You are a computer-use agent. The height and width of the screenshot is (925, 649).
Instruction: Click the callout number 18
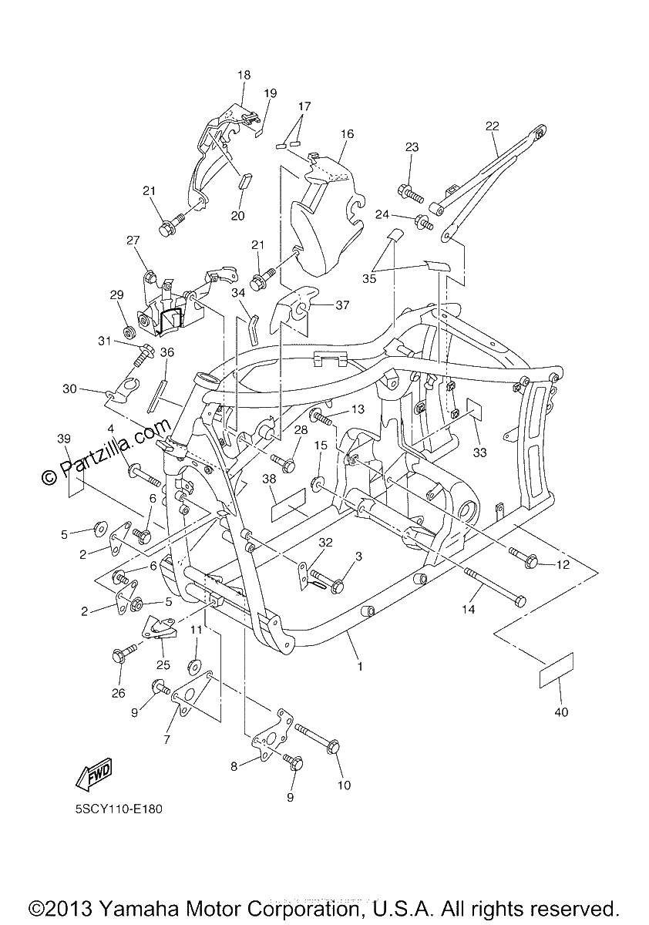(x=244, y=76)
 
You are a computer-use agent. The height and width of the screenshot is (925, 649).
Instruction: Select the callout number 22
(x=492, y=126)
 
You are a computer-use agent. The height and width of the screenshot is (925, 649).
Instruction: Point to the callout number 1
(x=360, y=666)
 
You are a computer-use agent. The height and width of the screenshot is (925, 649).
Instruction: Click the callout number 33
(x=479, y=452)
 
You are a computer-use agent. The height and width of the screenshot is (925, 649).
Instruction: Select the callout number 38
(x=269, y=479)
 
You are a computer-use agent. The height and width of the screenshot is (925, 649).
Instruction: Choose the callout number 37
(x=342, y=305)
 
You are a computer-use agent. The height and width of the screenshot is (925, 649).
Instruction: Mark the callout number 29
(x=117, y=294)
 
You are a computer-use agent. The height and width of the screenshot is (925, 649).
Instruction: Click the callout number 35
(x=369, y=279)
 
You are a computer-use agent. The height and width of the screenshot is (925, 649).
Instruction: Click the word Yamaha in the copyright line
(x=136, y=909)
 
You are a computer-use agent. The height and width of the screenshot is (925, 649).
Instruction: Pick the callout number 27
(x=133, y=240)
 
